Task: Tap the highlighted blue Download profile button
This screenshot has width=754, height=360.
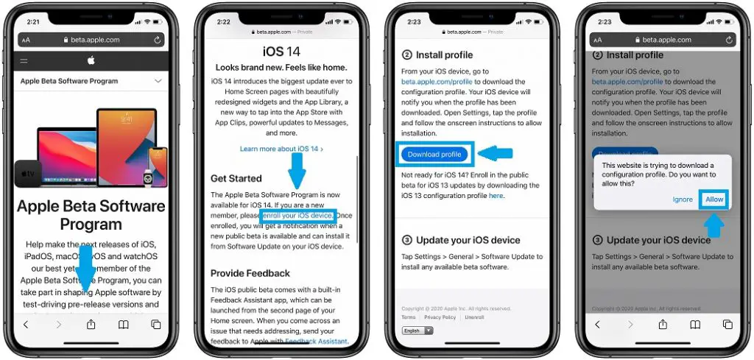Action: coord(434,155)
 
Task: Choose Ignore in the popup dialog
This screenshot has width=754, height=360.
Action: coord(683,200)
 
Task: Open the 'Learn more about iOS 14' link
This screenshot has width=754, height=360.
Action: coord(281,149)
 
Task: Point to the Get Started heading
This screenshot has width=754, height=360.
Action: coord(236,178)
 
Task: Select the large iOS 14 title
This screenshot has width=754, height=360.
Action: coord(282,52)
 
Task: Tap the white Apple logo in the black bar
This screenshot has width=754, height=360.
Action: coord(91,60)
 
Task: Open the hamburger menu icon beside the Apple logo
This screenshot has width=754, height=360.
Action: coord(24,60)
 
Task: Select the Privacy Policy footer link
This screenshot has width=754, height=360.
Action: coord(440,317)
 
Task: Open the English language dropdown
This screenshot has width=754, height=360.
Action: coord(417,331)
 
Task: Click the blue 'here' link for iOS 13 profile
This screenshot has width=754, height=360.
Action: coord(496,197)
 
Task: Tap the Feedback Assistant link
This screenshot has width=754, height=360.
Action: coord(317,342)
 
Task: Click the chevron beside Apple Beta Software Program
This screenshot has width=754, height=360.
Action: coord(157,82)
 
